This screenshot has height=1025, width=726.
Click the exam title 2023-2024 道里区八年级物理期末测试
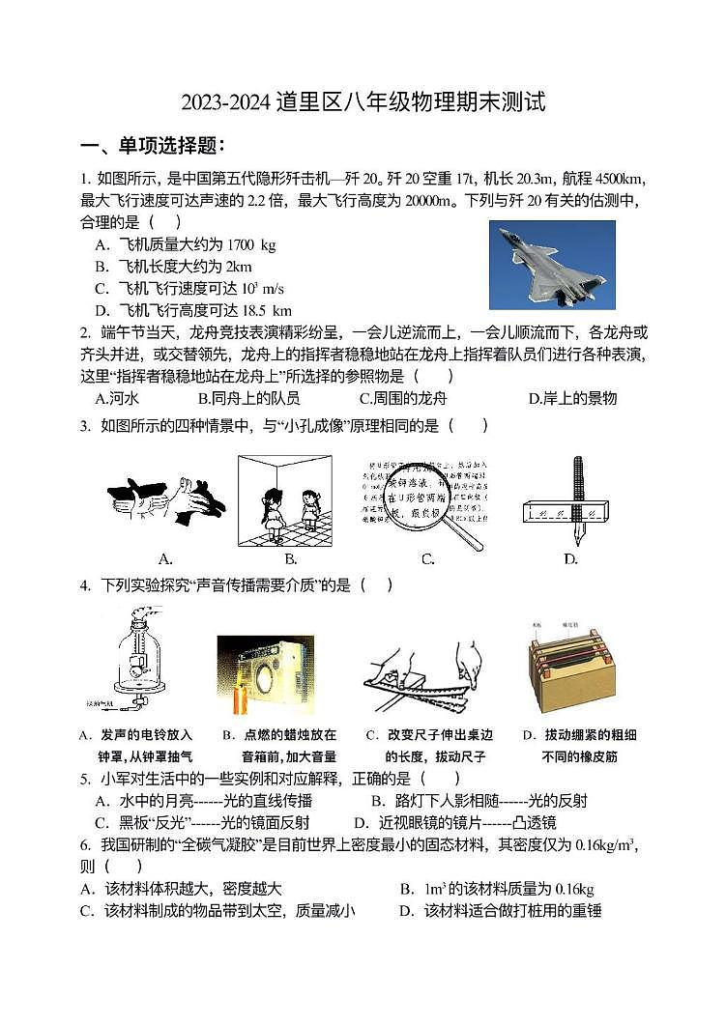363,101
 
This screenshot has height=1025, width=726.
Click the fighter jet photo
552,265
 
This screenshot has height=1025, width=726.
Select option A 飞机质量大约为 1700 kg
185,245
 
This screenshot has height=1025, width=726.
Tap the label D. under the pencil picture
569,558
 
